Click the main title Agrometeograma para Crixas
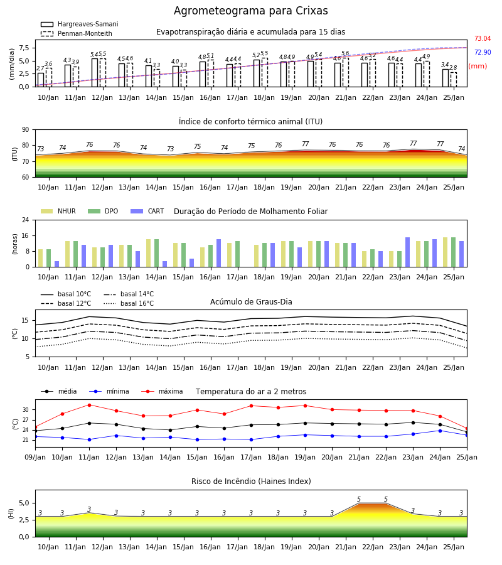click(250, 11)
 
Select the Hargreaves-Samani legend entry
click(79, 24)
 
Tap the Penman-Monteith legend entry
click(77, 33)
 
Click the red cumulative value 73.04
click(483, 38)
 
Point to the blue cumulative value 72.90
click(483, 52)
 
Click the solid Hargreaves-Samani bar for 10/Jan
click(41, 80)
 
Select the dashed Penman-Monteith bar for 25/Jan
click(454, 80)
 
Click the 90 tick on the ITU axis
click(26, 130)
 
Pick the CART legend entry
click(147, 211)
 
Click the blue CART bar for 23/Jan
click(408, 252)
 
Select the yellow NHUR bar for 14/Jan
click(148, 253)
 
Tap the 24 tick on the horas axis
click(26, 220)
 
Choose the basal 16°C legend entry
click(128, 303)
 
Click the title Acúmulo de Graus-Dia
click(251, 301)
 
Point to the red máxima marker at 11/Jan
click(89, 405)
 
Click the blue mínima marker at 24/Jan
click(440, 431)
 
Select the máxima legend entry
click(162, 391)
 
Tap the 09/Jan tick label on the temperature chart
click(35, 457)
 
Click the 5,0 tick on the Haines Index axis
click(24, 503)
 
